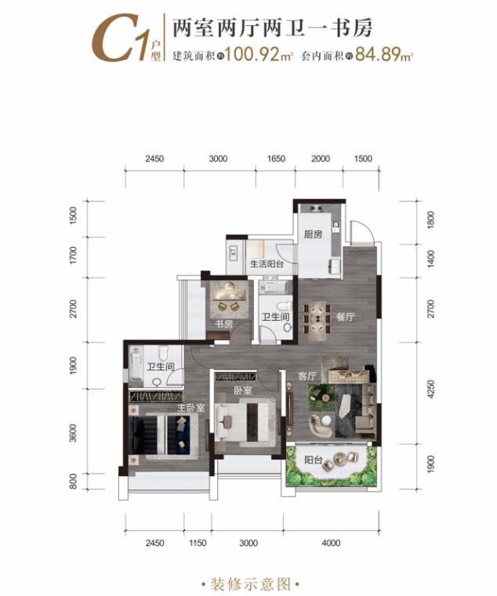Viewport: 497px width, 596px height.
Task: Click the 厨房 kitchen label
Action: tap(313, 234)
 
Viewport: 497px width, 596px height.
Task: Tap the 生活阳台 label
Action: tap(267, 263)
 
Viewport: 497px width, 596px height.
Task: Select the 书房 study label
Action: tap(223, 324)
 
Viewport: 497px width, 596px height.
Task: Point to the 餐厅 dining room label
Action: tap(345, 317)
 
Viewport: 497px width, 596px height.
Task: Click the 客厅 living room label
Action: tap(307, 376)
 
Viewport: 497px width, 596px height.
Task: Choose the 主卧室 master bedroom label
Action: tap(191, 408)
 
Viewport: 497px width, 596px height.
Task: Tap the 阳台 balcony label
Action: tap(314, 460)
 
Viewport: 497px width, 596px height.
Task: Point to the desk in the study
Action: tap(229, 296)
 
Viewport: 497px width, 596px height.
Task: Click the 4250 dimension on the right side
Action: tap(430, 389)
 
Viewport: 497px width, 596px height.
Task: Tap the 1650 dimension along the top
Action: tap(276, 158)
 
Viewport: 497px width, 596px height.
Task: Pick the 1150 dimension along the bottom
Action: tap(198, 543)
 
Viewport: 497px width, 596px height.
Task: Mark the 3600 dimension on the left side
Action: tap(73, 434)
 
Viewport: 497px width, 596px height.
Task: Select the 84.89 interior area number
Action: tap(384, 56)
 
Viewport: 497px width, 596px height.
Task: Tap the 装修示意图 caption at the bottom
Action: tap(250, 584)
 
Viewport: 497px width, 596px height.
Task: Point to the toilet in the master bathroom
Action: tap(163, 354)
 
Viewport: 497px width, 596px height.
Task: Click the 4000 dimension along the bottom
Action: tap(331, 543)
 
